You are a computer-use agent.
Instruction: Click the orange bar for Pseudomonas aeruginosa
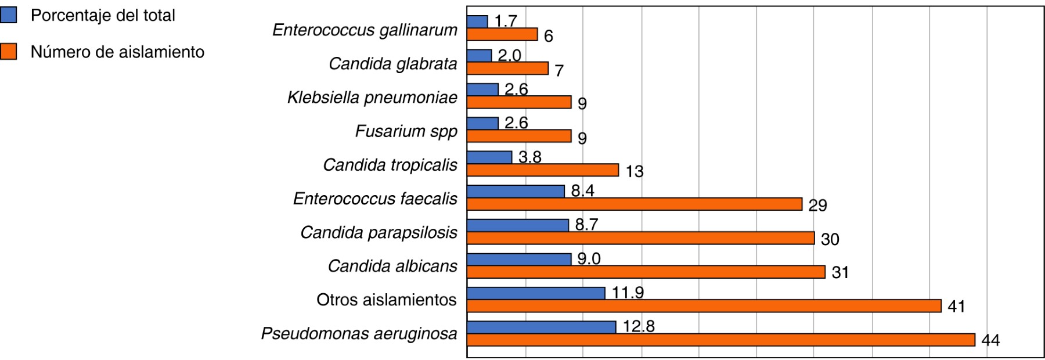[x=720, y=340]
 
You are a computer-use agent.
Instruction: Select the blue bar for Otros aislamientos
[x=536, y=293]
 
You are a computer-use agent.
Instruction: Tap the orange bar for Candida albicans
[x=646, y=272]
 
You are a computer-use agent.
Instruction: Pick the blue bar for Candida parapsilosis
[x=517, y=225]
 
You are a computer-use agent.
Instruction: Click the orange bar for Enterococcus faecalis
[x=634, y=204]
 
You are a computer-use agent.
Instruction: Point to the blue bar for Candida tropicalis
[x=489, y=157]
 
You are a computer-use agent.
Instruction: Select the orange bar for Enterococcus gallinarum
[x=502, y=35]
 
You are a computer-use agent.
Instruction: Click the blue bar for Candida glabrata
[x=479, y=56]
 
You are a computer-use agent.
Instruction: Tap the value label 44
[x=990, y=340]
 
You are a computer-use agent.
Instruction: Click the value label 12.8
[x=639, y=326]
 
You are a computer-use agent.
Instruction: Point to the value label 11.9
[x=628, y=293]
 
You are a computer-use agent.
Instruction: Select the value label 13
[x=635, y=171]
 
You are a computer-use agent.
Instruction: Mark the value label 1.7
[x=505, y=21]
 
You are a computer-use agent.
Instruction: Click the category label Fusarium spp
[x=406, y=131]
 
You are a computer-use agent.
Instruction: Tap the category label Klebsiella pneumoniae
[x=372, y=98]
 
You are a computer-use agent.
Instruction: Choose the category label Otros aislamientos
[x=387, y=300]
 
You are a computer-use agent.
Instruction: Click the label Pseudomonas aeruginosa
[x=359, y=334]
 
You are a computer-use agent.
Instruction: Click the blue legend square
[x=9, y=15]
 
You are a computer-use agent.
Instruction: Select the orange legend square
[x=9, y=52]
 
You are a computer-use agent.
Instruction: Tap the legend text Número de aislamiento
[x=117, y=52]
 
